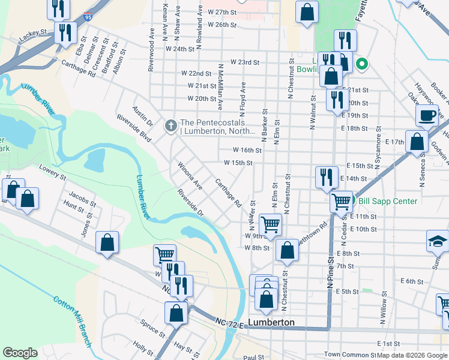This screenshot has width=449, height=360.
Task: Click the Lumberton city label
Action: [x=272, y=322]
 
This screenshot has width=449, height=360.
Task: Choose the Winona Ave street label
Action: [x=190, y=175]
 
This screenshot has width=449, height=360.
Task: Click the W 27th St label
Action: [x=222, y=12]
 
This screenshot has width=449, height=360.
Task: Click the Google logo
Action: [x=20, y=353]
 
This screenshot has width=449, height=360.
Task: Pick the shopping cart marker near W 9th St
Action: [x=270, y=224]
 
